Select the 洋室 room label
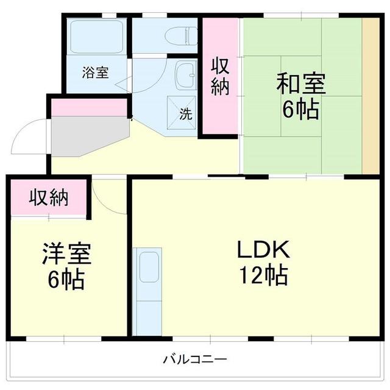click(x=67, y=253)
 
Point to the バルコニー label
click(x=195, y=359)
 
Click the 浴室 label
click(x=96, y=72)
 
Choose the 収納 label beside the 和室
click(x=220, y=76)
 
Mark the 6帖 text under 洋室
click(x=67, y=280)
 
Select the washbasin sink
click(x=184, y=77)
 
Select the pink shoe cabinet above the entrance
click(x=89, y=108)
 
